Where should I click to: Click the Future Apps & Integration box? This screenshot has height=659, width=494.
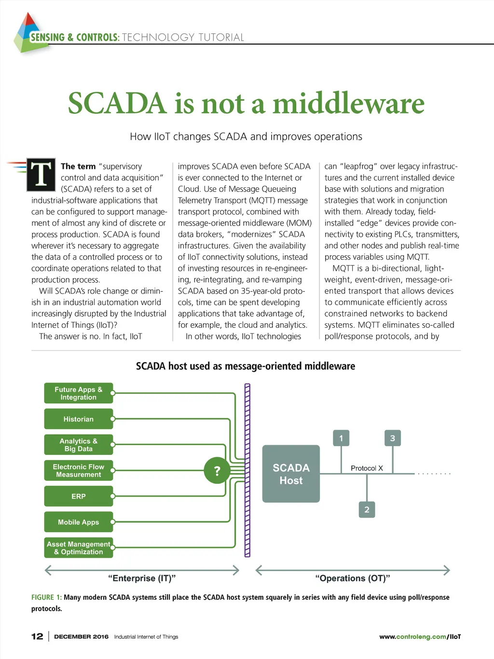(x=79, y=393)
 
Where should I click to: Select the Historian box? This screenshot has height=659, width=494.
(x=79, y=419)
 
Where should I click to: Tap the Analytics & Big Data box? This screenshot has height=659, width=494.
(x=79, y=445)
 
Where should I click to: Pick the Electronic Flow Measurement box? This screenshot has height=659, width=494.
(x=79, y=471)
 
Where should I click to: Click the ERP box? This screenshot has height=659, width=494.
(x=79, y=496)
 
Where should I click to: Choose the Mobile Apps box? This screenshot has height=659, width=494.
(x=79, y=522)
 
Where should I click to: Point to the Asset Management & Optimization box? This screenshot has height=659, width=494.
(x=79, y=548)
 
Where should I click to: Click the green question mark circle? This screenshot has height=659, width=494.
(x=217, y=471)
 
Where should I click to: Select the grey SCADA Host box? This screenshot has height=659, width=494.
(x=291, y=474)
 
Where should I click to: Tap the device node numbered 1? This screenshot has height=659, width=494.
(x=341, y=438)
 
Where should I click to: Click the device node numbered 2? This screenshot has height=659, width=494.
(x=367, y=509)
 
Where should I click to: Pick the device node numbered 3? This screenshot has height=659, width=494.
(x=392, y=438)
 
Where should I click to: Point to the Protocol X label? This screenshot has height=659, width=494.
(x=367, y=468)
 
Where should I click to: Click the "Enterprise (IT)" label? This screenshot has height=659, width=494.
(x=142, y=578)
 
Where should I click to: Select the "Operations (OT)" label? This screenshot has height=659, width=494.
(x=353, y=578)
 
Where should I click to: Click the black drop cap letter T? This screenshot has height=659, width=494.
(x=41, y=174)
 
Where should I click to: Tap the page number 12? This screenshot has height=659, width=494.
(x=37, y=636)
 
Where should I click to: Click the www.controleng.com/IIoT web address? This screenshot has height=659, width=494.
(x=420, y=637)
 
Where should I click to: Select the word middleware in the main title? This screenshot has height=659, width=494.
(x=348, y=103)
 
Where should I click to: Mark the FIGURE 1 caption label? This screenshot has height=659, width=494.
(x=46, y=597)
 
